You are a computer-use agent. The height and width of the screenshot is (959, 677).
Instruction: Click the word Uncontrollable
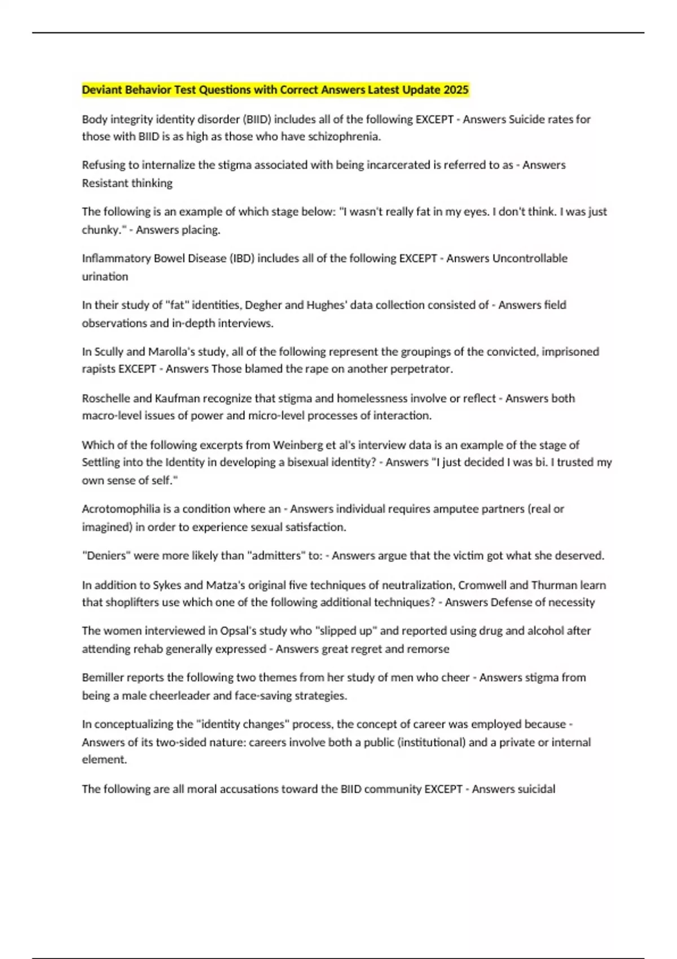pos(530,258)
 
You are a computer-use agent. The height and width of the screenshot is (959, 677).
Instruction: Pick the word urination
pos(105,276)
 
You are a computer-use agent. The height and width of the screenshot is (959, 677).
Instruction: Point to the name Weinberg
pos(296,445)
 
